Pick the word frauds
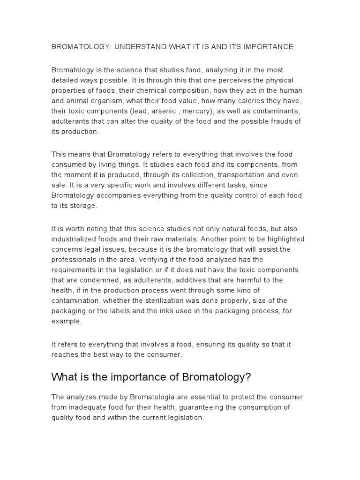[278, 122]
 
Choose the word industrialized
[74, 239]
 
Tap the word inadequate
[89, 407]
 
